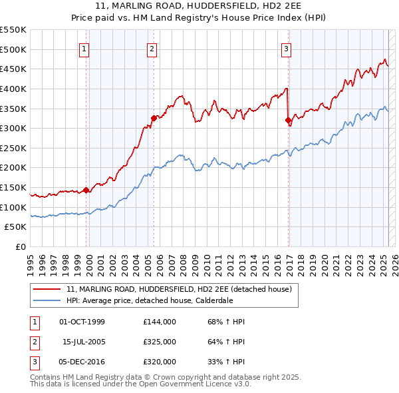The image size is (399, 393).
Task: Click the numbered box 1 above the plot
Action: pyautogui.click(x=85, y=48)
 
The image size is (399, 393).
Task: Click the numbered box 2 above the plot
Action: pyautogui.click(x=152, y=48)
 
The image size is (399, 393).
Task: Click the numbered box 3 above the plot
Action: pyautogui.click(x=286, y=48)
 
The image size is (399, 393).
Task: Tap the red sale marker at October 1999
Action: pyautogui.click(x=86, y=190)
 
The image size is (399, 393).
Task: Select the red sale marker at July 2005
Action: pyautogui.click(x=154, y=118)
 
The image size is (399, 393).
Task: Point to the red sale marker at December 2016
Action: pyautogui.click(x=288, y=121)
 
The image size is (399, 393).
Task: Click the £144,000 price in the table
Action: pyautogui.click(x=159, y=322)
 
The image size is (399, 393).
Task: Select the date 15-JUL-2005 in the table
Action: pyautogui.click(x=83, y=342)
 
